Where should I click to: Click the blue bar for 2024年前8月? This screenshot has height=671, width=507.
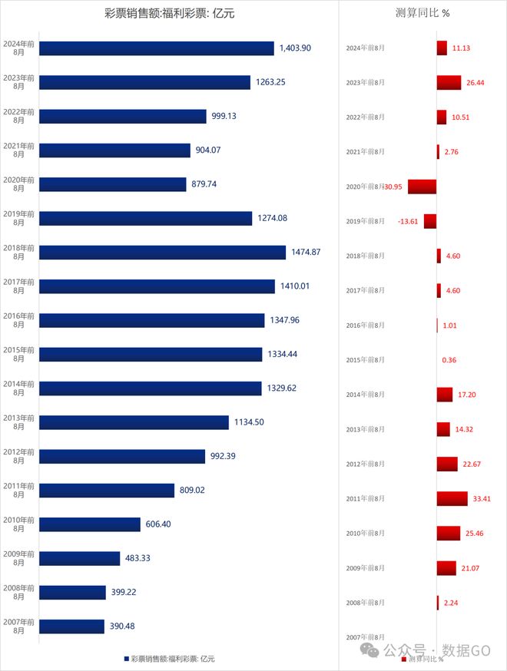(x=157, y=48)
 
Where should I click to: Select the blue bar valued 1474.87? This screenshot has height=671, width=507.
(x=162, y=252)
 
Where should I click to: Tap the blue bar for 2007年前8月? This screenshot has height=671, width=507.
(x=71, y=626)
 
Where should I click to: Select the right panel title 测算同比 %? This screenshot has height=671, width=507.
(x=422, y=13)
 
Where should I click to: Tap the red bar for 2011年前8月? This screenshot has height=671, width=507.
(x=452, y=499)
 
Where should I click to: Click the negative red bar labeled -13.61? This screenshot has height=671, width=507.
(x=430, y=221)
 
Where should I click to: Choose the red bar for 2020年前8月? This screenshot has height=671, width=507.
(x=422, y=187)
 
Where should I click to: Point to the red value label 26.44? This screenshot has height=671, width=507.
(x=475, y=82)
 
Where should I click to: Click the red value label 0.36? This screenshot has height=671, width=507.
(x=449, y=360)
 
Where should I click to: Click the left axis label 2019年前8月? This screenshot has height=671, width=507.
(x=19, y=218)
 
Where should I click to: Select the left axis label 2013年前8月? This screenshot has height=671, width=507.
(x=19, y=422)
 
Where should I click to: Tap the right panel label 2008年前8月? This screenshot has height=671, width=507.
(x=365, y=603)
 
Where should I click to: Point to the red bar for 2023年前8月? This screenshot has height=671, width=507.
(x=449, y=82)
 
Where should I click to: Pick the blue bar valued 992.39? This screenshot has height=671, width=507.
(x=122, y=456)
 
